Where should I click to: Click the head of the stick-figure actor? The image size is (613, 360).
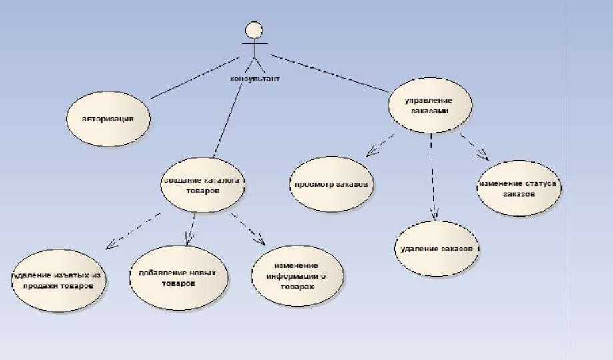(252, 31)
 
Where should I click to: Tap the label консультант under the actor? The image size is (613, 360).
(253, 78)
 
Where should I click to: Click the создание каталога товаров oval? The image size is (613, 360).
(201, 185)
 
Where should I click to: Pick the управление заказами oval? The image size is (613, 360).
(430, 106)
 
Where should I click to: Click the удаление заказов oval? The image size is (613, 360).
(437, 249)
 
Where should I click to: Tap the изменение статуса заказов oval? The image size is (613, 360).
(518, 188)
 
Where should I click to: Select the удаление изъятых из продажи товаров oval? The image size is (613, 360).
(59, 281)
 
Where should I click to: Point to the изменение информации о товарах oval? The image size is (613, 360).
(299, 275)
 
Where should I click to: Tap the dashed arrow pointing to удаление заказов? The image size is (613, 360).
(433, 177)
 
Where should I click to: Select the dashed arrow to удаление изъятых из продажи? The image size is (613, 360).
(133, 231)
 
